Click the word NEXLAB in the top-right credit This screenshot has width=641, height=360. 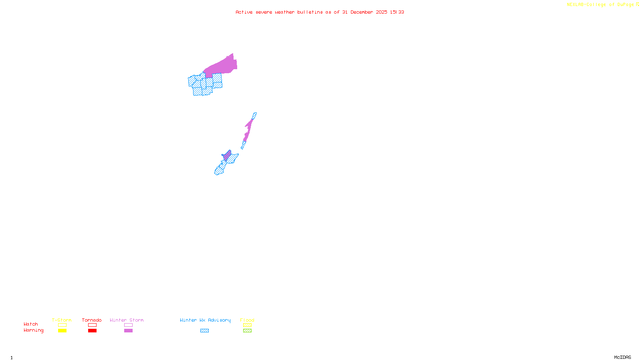tap(575, 5)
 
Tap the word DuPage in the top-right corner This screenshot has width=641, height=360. tap(625, 5)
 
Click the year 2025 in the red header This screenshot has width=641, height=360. tap(381, 12)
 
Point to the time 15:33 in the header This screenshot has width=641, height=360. tap(397, 12)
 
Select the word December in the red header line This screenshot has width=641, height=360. tap(362, 12)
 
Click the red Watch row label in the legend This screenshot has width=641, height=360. tap(31, 324)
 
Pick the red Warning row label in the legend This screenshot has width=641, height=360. tap(33, 330)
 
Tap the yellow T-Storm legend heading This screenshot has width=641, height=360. tap(62, 320)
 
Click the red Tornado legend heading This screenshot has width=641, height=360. tap(92, 320)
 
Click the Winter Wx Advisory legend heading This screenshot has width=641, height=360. tap(205, 320)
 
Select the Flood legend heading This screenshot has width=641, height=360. tap(247, 320)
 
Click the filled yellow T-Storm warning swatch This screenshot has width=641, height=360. tap(62, 331)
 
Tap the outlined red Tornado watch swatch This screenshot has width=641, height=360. tap(92, 325)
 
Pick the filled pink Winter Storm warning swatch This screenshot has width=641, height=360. tap(128, 331)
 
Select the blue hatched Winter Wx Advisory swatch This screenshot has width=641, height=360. tap(204, 331)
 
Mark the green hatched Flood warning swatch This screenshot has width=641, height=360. tap(247, 331)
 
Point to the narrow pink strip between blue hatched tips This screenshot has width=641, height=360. tap(249, 128)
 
